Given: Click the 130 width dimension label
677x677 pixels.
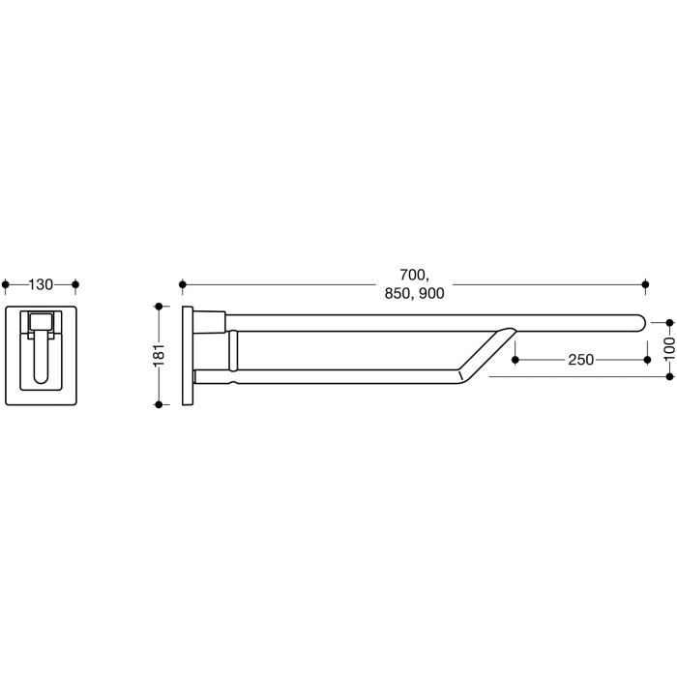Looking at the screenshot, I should (41, 284).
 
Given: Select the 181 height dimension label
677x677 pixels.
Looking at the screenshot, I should (160, 355).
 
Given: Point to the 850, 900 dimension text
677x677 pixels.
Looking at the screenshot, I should (413, 294).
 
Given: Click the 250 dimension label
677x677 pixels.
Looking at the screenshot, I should (580, 359).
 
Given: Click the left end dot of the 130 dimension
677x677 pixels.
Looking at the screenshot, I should (7, 284).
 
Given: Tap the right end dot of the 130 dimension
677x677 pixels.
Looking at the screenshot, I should (75, 284).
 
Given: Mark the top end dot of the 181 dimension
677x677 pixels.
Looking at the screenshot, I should (160, 306).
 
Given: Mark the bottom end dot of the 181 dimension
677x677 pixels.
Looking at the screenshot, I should (160, 404).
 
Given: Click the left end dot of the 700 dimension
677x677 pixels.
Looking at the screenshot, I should (181, 284).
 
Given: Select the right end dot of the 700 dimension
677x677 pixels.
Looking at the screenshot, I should (646, 284).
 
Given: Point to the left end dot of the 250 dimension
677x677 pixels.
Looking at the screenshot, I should (515, 359).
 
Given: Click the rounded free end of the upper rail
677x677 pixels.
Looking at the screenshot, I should (638, 322).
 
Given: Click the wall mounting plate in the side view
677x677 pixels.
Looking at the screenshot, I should (187, 355).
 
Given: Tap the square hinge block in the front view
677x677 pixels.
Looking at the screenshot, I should (42, 323).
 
